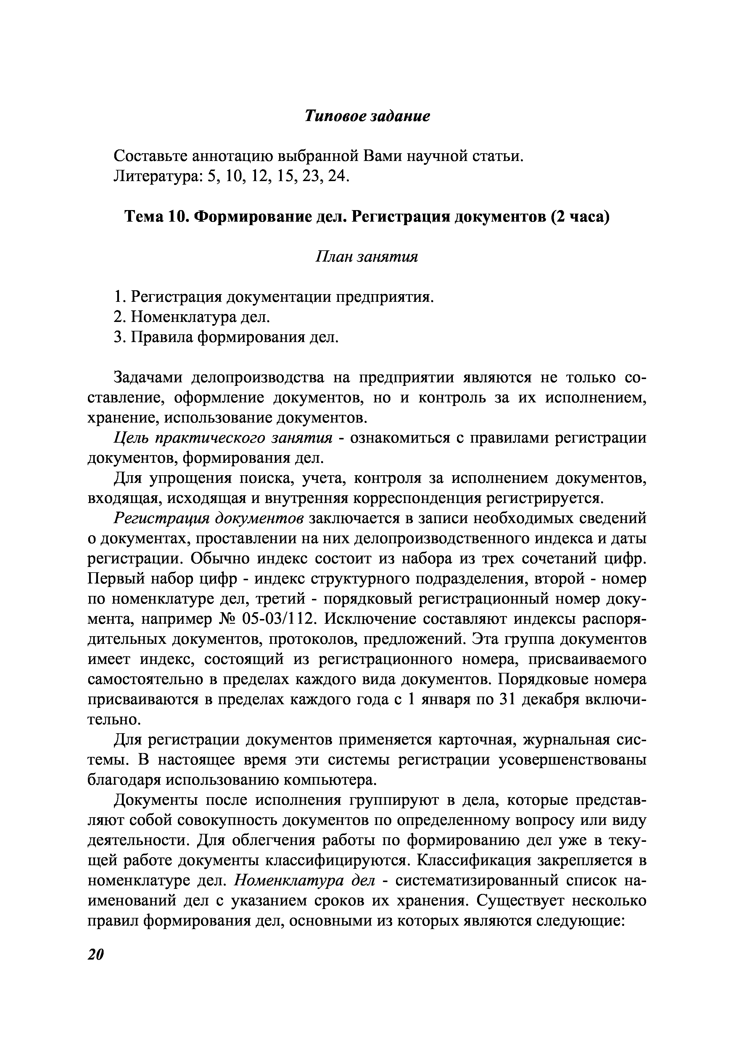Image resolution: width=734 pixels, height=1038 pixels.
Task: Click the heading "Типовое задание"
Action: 367,116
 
